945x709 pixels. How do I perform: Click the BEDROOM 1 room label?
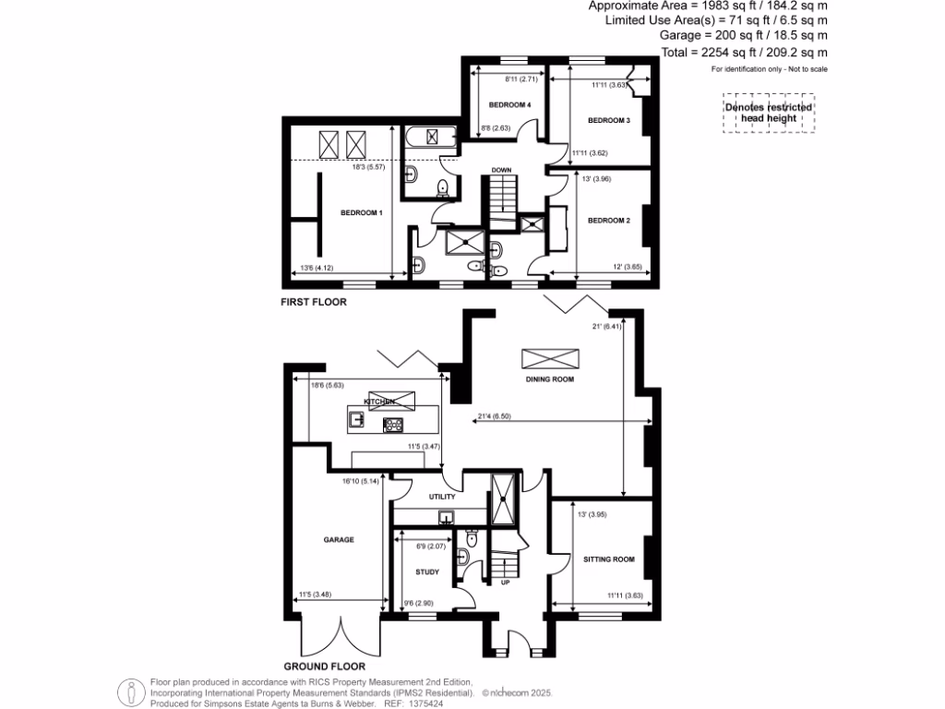point(361,213)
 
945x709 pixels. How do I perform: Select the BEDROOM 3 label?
point(608,121)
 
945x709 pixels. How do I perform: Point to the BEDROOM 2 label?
point(608,220)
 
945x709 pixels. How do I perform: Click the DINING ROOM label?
point(550,379)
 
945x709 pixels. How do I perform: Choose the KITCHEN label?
point(379,403)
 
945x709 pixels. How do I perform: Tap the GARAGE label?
point(339,539)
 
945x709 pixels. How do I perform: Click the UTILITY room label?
point(443,497)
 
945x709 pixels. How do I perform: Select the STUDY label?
point(426,572)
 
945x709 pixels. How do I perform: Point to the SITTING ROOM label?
point(609,559)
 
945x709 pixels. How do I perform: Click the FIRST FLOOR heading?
point(314,301)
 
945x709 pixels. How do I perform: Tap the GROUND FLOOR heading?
point(324,666)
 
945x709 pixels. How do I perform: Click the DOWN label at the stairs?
point(501,170)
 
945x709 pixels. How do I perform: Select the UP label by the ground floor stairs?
point(505,583)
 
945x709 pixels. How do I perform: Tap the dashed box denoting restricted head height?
point(769,114)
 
